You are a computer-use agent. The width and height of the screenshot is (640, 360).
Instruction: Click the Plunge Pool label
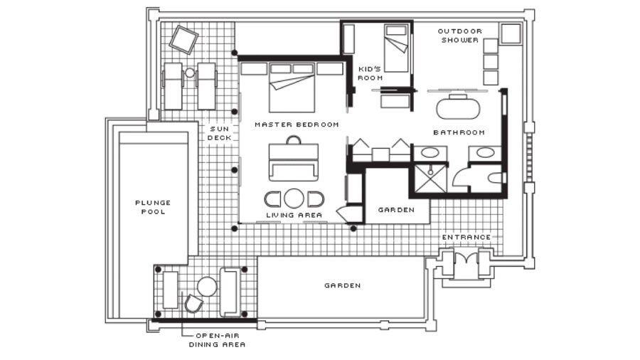153,207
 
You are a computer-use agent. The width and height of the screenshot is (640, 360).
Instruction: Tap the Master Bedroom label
297,125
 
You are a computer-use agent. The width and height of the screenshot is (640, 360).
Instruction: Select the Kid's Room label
370,73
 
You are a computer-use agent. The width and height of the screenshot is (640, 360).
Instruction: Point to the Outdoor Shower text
459,36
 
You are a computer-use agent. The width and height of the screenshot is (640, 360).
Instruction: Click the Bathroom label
459,132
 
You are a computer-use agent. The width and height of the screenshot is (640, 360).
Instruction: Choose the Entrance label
466,237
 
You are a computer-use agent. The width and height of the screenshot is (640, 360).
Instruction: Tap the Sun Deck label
219,134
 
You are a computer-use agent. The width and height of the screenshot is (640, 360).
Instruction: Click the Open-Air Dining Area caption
217,340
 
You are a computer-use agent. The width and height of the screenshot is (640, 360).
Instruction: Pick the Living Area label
294,215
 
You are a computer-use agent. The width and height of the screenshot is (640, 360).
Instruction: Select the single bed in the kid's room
396,48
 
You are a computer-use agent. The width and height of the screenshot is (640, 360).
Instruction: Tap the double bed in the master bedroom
292,88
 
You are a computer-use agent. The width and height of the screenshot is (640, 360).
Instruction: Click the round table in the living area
294,198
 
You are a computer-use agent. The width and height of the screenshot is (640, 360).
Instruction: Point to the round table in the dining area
207,287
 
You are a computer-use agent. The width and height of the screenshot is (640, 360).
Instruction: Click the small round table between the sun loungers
190,73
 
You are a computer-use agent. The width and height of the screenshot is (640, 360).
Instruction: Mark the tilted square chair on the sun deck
183,40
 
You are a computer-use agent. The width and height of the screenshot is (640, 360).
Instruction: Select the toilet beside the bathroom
495,178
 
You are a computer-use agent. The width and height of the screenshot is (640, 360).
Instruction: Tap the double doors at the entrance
466,258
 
